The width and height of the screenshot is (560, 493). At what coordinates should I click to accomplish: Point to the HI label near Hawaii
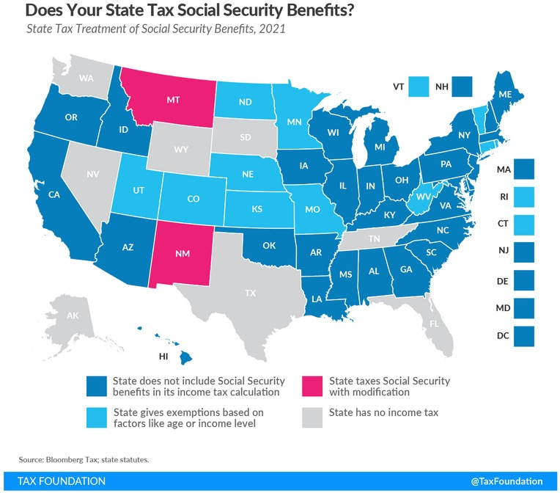(x=166, y=357)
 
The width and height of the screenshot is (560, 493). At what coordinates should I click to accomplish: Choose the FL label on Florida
(x=434, y=324)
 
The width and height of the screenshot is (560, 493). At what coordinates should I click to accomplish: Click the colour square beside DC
(x=524, y=335)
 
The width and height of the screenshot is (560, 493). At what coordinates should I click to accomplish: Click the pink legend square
(x=313, y=387)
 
